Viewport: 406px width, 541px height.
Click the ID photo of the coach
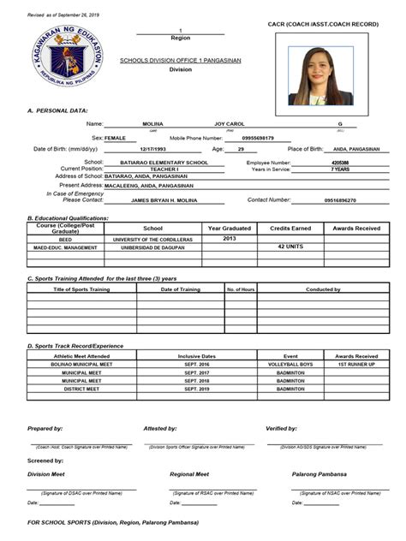321,75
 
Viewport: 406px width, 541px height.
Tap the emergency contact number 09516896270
338,199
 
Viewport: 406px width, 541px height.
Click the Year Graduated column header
230,229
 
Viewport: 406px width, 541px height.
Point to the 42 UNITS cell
292,247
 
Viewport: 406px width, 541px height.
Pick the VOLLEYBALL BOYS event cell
291,364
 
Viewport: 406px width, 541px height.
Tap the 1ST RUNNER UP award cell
356,364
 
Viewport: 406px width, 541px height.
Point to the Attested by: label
160,428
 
